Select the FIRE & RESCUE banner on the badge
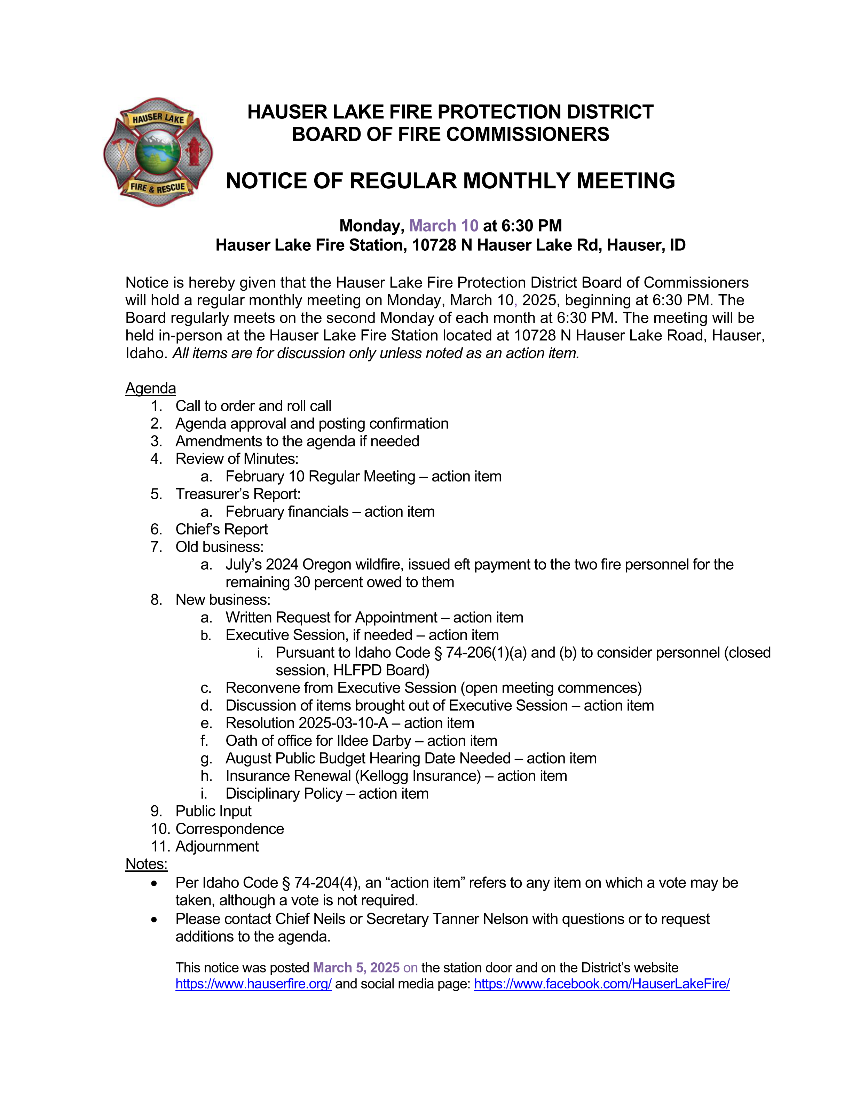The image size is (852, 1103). (x=157, y=187)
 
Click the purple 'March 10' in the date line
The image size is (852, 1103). (x=444, y=225)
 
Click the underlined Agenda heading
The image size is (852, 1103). (x=150, y=388)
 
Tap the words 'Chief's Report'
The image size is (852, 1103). (x=222, y=529)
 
